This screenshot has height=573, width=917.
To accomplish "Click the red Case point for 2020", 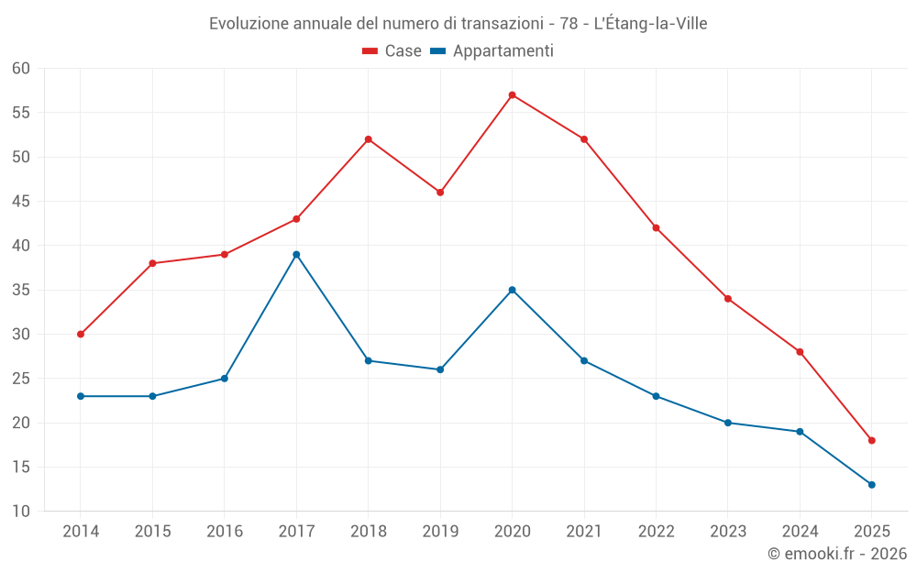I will [x=512, y=95].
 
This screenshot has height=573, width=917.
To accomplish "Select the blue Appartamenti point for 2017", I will [x=296, y=255].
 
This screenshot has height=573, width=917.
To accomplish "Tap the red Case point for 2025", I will [x=871, y=441].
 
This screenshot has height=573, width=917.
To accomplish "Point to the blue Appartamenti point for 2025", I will [x=871, y=485].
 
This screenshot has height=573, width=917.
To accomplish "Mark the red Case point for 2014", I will [x=81, y=335].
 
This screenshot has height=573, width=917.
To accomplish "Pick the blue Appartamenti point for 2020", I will [x=512, y=290].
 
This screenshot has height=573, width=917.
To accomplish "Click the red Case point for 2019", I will [x=440, y=193].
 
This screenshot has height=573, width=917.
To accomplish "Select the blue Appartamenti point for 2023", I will [x=728, y=423].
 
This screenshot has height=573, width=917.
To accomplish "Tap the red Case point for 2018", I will [x=368, y=139].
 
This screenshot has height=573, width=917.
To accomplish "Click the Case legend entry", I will [x=392, y=51].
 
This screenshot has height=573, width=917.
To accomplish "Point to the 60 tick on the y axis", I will [x=21, y=69].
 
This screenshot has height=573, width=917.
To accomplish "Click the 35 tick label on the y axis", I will [x=21, y=291].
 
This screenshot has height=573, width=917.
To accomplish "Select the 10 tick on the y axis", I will [x=21, y=512].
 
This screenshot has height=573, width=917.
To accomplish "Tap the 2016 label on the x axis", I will [x=225, y=532].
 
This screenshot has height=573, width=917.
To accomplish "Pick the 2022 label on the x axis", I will [x=656, y=532].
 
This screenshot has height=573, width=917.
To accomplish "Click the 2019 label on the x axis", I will [x=440, y=532].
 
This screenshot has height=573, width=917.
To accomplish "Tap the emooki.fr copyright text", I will [x=837, y=554].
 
